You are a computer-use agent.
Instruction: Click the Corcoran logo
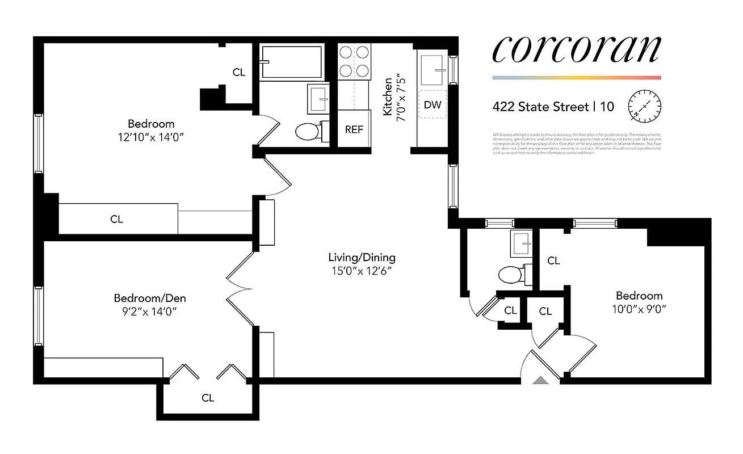576,50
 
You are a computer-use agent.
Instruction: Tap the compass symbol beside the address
645,106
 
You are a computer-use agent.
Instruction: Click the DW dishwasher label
433,106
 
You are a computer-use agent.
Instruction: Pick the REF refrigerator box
354,129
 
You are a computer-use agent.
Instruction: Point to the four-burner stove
354,61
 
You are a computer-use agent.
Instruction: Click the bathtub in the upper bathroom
291,62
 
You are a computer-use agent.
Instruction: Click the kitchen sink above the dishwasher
433,68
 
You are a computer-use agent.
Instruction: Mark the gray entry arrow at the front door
541,380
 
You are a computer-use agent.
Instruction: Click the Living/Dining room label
362,258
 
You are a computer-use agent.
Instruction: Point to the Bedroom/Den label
150,298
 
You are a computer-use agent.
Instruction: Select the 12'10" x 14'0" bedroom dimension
150,137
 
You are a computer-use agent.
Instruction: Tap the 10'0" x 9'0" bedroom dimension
639,309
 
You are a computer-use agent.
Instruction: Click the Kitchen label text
388,97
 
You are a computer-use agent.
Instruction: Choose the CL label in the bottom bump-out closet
208,398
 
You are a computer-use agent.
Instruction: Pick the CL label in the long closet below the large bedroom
116,219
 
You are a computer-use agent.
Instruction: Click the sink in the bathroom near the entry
521,243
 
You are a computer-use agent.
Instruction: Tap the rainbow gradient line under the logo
576,78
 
